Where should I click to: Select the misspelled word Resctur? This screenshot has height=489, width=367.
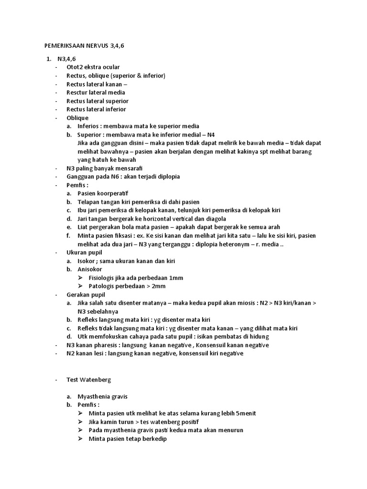78,93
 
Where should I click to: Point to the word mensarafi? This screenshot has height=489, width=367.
129,168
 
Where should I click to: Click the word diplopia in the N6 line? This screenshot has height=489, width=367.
165,177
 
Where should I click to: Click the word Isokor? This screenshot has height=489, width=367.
87,261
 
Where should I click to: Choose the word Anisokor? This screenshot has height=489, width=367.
91,269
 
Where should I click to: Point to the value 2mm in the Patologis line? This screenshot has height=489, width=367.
157,286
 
